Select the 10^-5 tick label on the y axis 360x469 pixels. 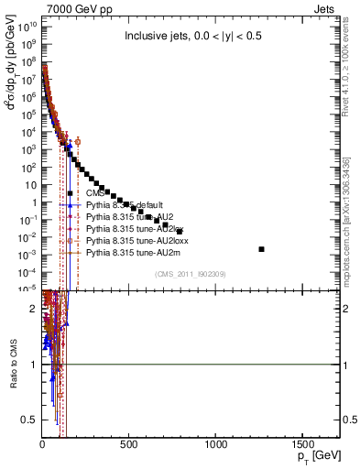25,289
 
